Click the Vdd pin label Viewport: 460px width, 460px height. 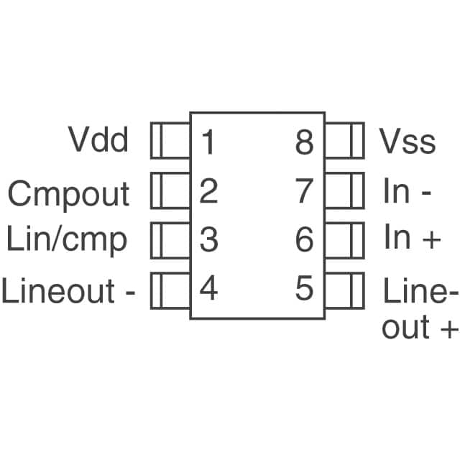coord(98,140)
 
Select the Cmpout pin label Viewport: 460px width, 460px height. coord(69,193)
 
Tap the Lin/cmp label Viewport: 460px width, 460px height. coord(67,239)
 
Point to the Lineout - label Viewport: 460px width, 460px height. coord(68,291)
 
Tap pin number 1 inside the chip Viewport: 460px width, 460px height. coord(208,142)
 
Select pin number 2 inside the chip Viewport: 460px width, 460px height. coord(208,191)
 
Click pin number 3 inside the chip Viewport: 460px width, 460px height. coord(208,239)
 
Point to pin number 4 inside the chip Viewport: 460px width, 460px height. coord(208,289)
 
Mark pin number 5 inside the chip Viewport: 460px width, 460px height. coord(305,289)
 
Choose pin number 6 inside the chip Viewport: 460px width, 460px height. coord(305,239)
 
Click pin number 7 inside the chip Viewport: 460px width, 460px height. coord(305,191)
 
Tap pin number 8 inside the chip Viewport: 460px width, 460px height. coord(305,142)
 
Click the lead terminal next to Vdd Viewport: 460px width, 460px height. coord(170,141)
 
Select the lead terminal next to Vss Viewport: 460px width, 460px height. coord(344,141)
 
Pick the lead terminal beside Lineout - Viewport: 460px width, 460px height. coord(170,290)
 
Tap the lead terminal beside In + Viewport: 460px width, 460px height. coord(344,239)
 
